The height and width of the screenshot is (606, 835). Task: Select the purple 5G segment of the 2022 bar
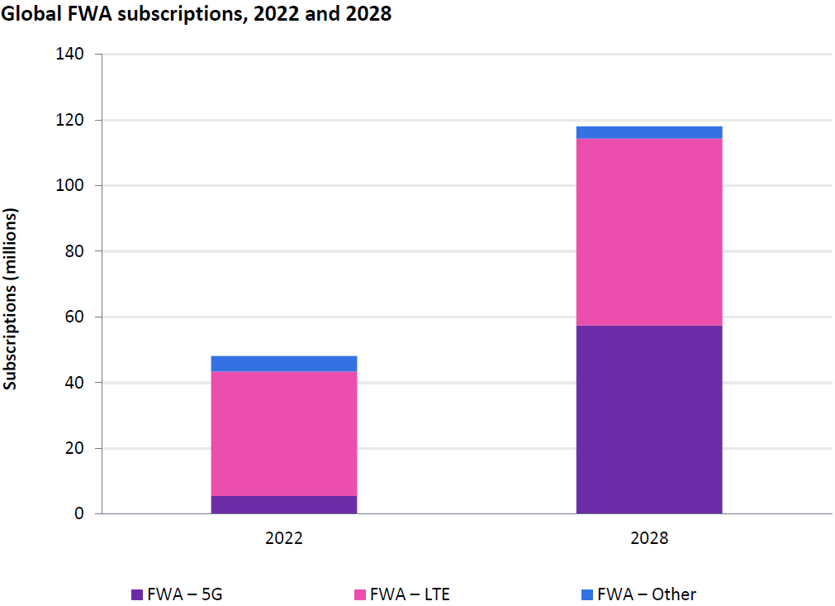point(283,504)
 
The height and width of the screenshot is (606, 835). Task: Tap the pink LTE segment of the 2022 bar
point(283,433)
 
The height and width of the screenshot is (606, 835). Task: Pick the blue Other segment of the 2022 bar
point(283,364)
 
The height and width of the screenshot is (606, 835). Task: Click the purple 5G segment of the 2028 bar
point(648,419)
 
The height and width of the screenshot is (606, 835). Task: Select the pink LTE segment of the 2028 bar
point(648,231)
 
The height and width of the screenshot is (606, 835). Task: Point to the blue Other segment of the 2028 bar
point(648,132)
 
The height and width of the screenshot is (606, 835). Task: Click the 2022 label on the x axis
point(283,538)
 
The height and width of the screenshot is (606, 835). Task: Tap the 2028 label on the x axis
point(648,538)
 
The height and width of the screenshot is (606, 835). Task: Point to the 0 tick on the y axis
point(79,514)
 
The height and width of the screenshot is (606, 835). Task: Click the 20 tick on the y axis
point(75,448)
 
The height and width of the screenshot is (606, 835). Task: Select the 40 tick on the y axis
point(75,383)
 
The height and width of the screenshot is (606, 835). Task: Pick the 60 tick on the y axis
point(75,317)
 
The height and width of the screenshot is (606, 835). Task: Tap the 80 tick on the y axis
point(75,251)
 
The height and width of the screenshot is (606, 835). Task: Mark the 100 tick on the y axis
point(72,186)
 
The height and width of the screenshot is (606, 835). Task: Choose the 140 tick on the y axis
point(72,55)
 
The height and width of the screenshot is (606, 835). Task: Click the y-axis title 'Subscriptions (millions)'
point(11,298)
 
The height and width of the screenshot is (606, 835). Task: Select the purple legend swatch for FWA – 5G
point(137,594)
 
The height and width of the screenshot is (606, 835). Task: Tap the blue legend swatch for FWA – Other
point(587,594)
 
